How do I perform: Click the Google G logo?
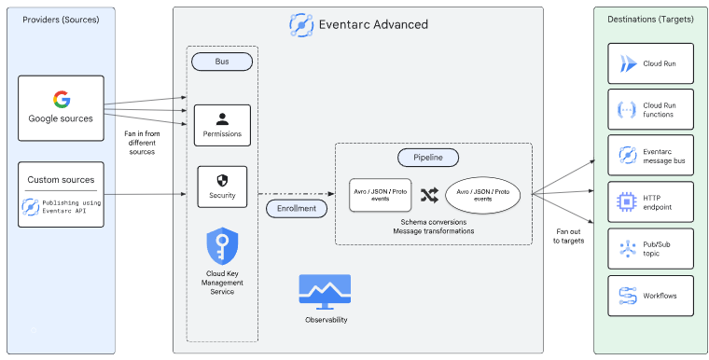point(62,100)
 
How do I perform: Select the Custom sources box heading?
point(61,180)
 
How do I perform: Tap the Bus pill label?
point(222,62)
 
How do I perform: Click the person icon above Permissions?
point(222,119)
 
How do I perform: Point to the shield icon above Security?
point(222,181)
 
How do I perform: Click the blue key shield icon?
point(222,245)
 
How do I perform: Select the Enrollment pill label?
point(296,209)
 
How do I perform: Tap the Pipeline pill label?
point(428,158)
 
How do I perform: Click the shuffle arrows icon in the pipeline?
point(429,195)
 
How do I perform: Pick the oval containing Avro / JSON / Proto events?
point(482,195)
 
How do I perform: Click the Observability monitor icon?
point(325,292)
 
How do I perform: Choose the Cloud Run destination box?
point(650,63)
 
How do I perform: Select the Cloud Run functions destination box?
point(650,109)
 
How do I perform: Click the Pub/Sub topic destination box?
point(650,249)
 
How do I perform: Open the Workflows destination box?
point(650,296)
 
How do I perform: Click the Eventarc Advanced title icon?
point(301,25)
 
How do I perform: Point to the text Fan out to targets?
point(568,236)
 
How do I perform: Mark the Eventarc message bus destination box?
point(650,155)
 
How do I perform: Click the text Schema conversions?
point(433,222)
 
